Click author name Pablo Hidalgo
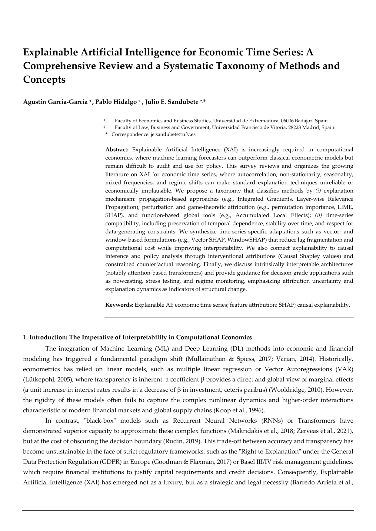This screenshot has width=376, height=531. [116, 102]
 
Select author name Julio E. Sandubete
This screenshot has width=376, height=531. [171, 102]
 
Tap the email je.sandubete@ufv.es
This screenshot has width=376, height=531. [173, 134]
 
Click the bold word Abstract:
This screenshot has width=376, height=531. [117, 150]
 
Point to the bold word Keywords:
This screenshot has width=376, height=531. [119, 305]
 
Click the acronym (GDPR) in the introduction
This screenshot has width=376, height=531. [108, 462]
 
